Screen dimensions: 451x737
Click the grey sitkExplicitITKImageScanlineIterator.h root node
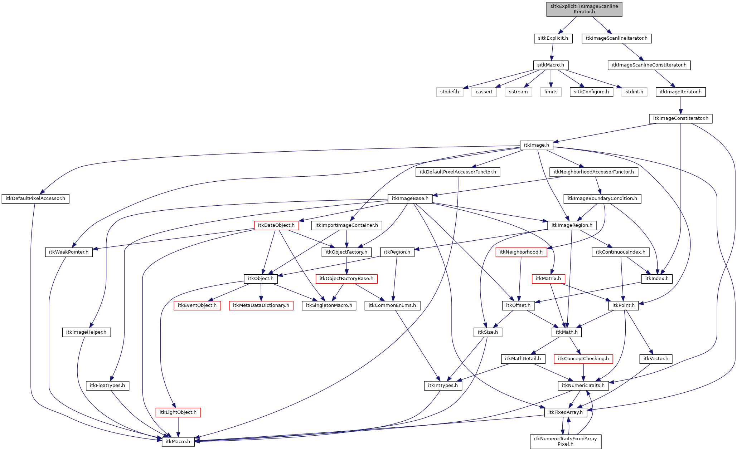click(x=584, y=9)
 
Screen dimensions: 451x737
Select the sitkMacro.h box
click(x=551, y=65)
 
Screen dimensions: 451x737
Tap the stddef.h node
click(x=450, y=92)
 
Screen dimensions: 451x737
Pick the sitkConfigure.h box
click(x=591, y=92)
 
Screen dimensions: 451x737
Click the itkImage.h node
click(x=536, y=145)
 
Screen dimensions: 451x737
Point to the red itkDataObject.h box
click(x=276, y=225)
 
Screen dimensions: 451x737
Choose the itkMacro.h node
click(x=178, y=442)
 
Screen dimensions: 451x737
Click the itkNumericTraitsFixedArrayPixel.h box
click(x=565, y=441)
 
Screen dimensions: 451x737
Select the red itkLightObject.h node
click(x=178, y=412)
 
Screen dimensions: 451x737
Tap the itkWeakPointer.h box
click(x=69, y=252)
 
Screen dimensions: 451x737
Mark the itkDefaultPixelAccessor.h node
click(x=35, y=198)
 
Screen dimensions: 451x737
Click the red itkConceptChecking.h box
click(x=583, y=359)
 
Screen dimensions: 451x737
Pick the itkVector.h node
click(x=655, y=359)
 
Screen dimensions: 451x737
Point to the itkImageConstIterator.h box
click(x=680, y=118)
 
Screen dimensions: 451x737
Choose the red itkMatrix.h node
click(x=548, y=279)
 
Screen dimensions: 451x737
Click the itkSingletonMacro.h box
click(x=329, y=305)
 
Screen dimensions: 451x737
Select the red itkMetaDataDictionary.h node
click(x=261, y=305)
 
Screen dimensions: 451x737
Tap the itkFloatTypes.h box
click(x=107, y=386)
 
